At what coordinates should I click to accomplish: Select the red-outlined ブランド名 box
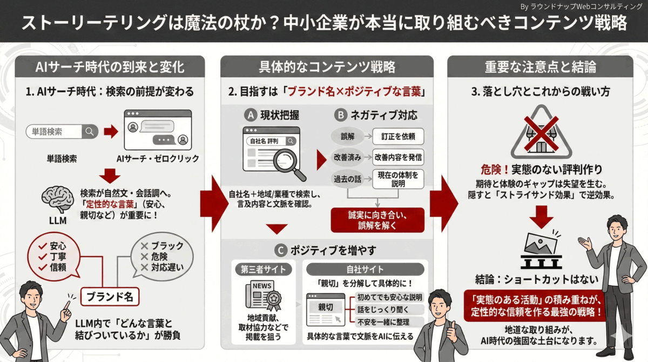[110, 297]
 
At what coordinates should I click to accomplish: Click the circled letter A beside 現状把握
[249, 115]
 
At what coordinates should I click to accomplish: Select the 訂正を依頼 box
[399, 136]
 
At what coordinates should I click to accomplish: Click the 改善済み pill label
[345, 157]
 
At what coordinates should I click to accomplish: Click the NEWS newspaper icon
[263, 295]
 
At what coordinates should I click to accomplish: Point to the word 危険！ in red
[495, 169]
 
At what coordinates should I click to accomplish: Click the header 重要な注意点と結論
[540, 67]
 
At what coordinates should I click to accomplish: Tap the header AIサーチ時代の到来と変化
[110, 67]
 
